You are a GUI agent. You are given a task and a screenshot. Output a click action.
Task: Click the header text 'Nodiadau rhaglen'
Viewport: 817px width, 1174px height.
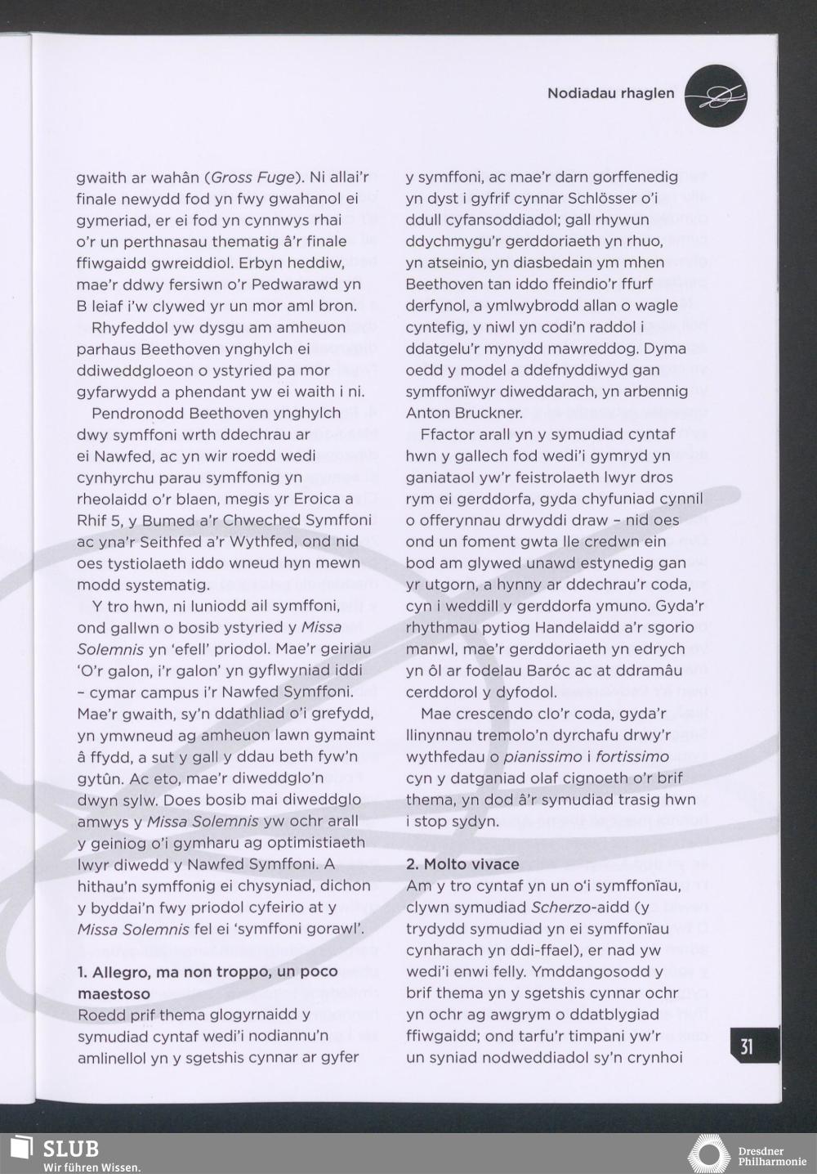pos(610,93)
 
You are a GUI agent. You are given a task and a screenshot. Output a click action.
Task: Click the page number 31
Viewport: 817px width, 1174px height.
pos(747,1047)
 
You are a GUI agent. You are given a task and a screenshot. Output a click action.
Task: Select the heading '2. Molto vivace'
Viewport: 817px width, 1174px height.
pos(462,864)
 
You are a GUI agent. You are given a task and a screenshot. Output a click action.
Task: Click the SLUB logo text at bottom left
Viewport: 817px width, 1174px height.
pos(70,1149)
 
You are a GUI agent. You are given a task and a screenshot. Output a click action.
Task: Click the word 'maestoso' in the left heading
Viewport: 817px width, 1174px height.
pos(114,993)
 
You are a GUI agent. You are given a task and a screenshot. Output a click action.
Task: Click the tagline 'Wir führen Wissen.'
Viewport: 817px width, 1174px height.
pos(92,1167)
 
